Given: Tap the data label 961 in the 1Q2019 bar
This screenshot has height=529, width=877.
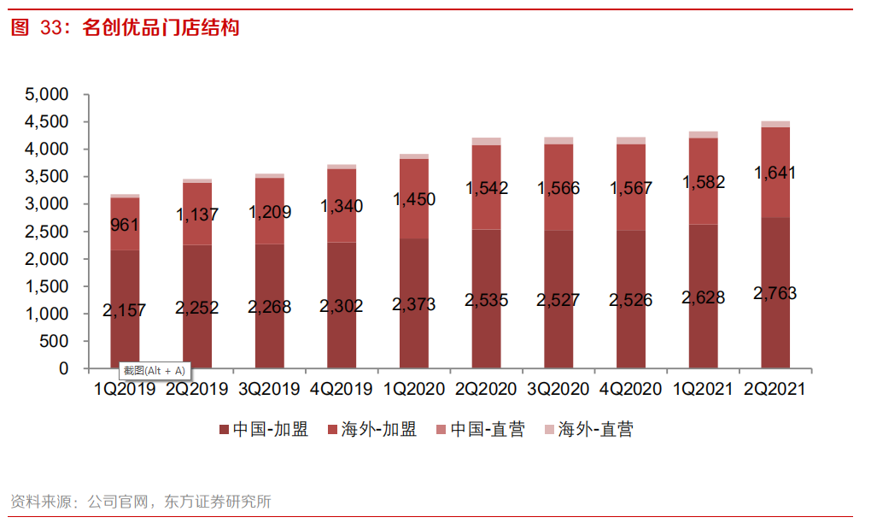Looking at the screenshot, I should click(125, 226).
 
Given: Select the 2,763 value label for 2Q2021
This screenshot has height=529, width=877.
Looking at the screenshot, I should click(775, 294).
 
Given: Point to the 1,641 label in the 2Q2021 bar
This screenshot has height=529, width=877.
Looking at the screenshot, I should click(775, 173).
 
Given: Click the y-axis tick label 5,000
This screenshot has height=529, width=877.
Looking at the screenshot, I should click(47, 95).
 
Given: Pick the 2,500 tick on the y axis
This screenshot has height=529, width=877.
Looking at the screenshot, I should click(47, 232).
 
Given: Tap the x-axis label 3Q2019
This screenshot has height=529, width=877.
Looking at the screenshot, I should click(269, 390).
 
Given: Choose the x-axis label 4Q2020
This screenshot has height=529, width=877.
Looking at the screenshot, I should click(630, 390).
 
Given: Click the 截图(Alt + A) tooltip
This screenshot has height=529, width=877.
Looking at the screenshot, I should click(153, 371).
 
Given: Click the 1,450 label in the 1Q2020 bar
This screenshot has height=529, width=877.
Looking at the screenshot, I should click(414, 200).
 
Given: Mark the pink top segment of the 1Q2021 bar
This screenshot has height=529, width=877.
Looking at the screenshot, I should click(703, 134).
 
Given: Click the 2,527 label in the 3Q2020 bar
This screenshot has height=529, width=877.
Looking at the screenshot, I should click(558, 300).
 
